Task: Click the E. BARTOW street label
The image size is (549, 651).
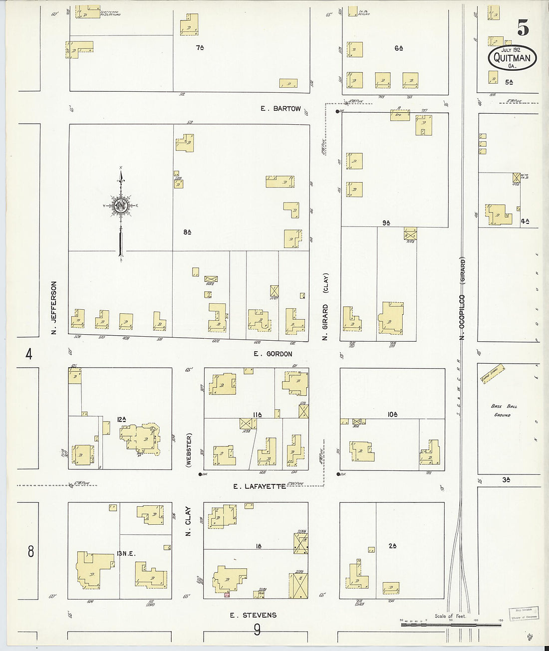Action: click(x=280, y=108)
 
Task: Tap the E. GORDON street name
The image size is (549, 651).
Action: click(x=273, y=354)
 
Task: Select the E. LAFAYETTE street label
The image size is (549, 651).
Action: click(x=260, y=486)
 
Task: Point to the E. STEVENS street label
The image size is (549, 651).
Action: click(x=253, y=615)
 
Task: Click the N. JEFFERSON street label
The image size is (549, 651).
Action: click(x=54, y=307)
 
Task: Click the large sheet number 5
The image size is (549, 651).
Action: click(x=523, y=28)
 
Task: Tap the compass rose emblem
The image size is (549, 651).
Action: click(x=121, y=206)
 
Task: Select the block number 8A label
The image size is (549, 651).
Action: click(x=188, y=232)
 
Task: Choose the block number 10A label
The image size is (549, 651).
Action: click(x=392, y=414)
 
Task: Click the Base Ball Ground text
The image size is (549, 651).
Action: click(x=504, y=411)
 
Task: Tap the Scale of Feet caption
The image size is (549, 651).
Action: click(x=450, y=616)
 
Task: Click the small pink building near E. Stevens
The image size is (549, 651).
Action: click(x=227, y=595)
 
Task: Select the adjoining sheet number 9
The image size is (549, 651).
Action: click(x=257, y=631)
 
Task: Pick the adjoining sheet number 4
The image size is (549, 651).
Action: click(x=29, y=354)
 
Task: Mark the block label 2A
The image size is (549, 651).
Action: click(x=393, y=546)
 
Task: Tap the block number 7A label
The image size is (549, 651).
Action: click(x=201, y=48)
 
